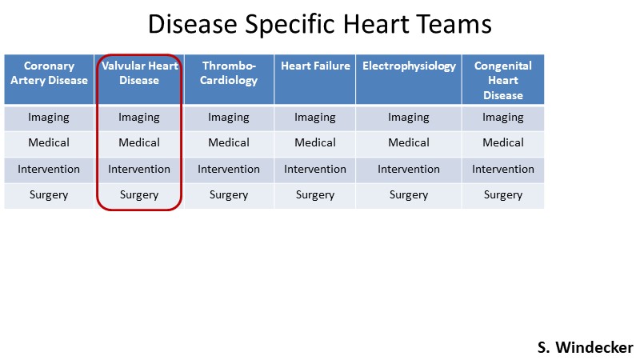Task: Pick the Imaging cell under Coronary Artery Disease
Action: pos(49,118)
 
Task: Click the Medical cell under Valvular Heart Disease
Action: pos(139,142)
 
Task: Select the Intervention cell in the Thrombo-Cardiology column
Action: pos(229,169)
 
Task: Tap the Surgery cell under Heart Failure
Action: pos(315,195)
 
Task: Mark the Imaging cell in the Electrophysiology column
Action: pos(409,118)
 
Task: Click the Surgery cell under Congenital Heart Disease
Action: pos(503,195)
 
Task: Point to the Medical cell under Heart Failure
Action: pos(315,142)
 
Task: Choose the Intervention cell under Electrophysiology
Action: pos(409,169)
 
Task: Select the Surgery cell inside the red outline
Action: pos(139,195)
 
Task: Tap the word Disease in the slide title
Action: pos(192,24)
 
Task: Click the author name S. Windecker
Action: pos(586,347)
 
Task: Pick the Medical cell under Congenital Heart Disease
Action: pos(503,142)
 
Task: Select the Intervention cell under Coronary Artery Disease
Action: pos(49,169)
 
